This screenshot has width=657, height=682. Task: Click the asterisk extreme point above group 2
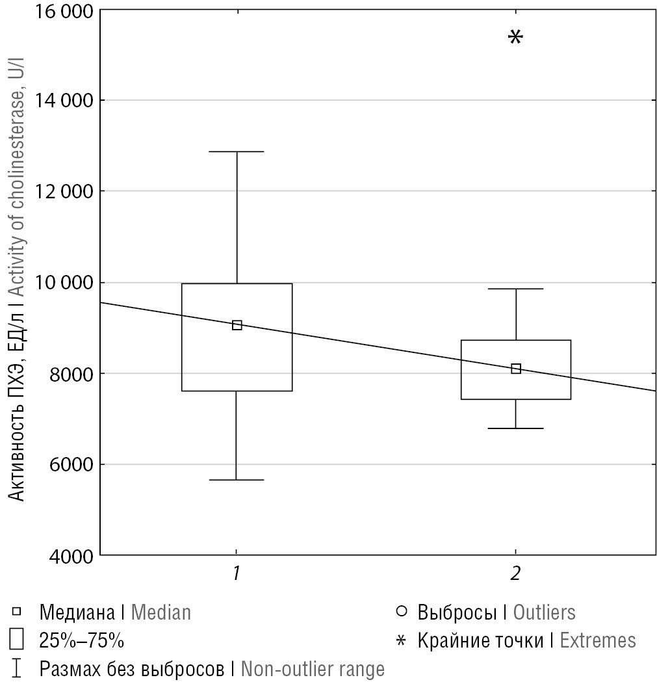(x=515, y=37)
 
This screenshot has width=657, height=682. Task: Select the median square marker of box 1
(x=237, y=325)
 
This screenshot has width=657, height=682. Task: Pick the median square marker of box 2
(x=516, y=369)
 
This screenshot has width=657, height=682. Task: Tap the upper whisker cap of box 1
(x=237, y=151)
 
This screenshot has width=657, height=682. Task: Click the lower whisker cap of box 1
(x=237, y=480)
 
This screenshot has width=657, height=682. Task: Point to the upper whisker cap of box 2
(x=516, y=289)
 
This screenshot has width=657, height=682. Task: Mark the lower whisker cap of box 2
(x=516, y=428)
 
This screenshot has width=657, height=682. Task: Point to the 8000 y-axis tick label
(x=70, y=373)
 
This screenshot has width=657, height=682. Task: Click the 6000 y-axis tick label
(x=70, y=464)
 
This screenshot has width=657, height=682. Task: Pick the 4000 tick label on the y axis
(x=70, y=556)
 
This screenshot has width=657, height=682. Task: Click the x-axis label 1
(x=237, y=573)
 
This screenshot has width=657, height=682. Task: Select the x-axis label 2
(x=516, y=573)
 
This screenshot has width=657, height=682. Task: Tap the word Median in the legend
(x=161, y=612)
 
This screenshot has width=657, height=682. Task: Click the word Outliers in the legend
(x=544, y=612)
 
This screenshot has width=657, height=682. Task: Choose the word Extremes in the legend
(x=598, y=640)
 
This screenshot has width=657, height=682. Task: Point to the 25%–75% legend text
(x=81, y=640)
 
